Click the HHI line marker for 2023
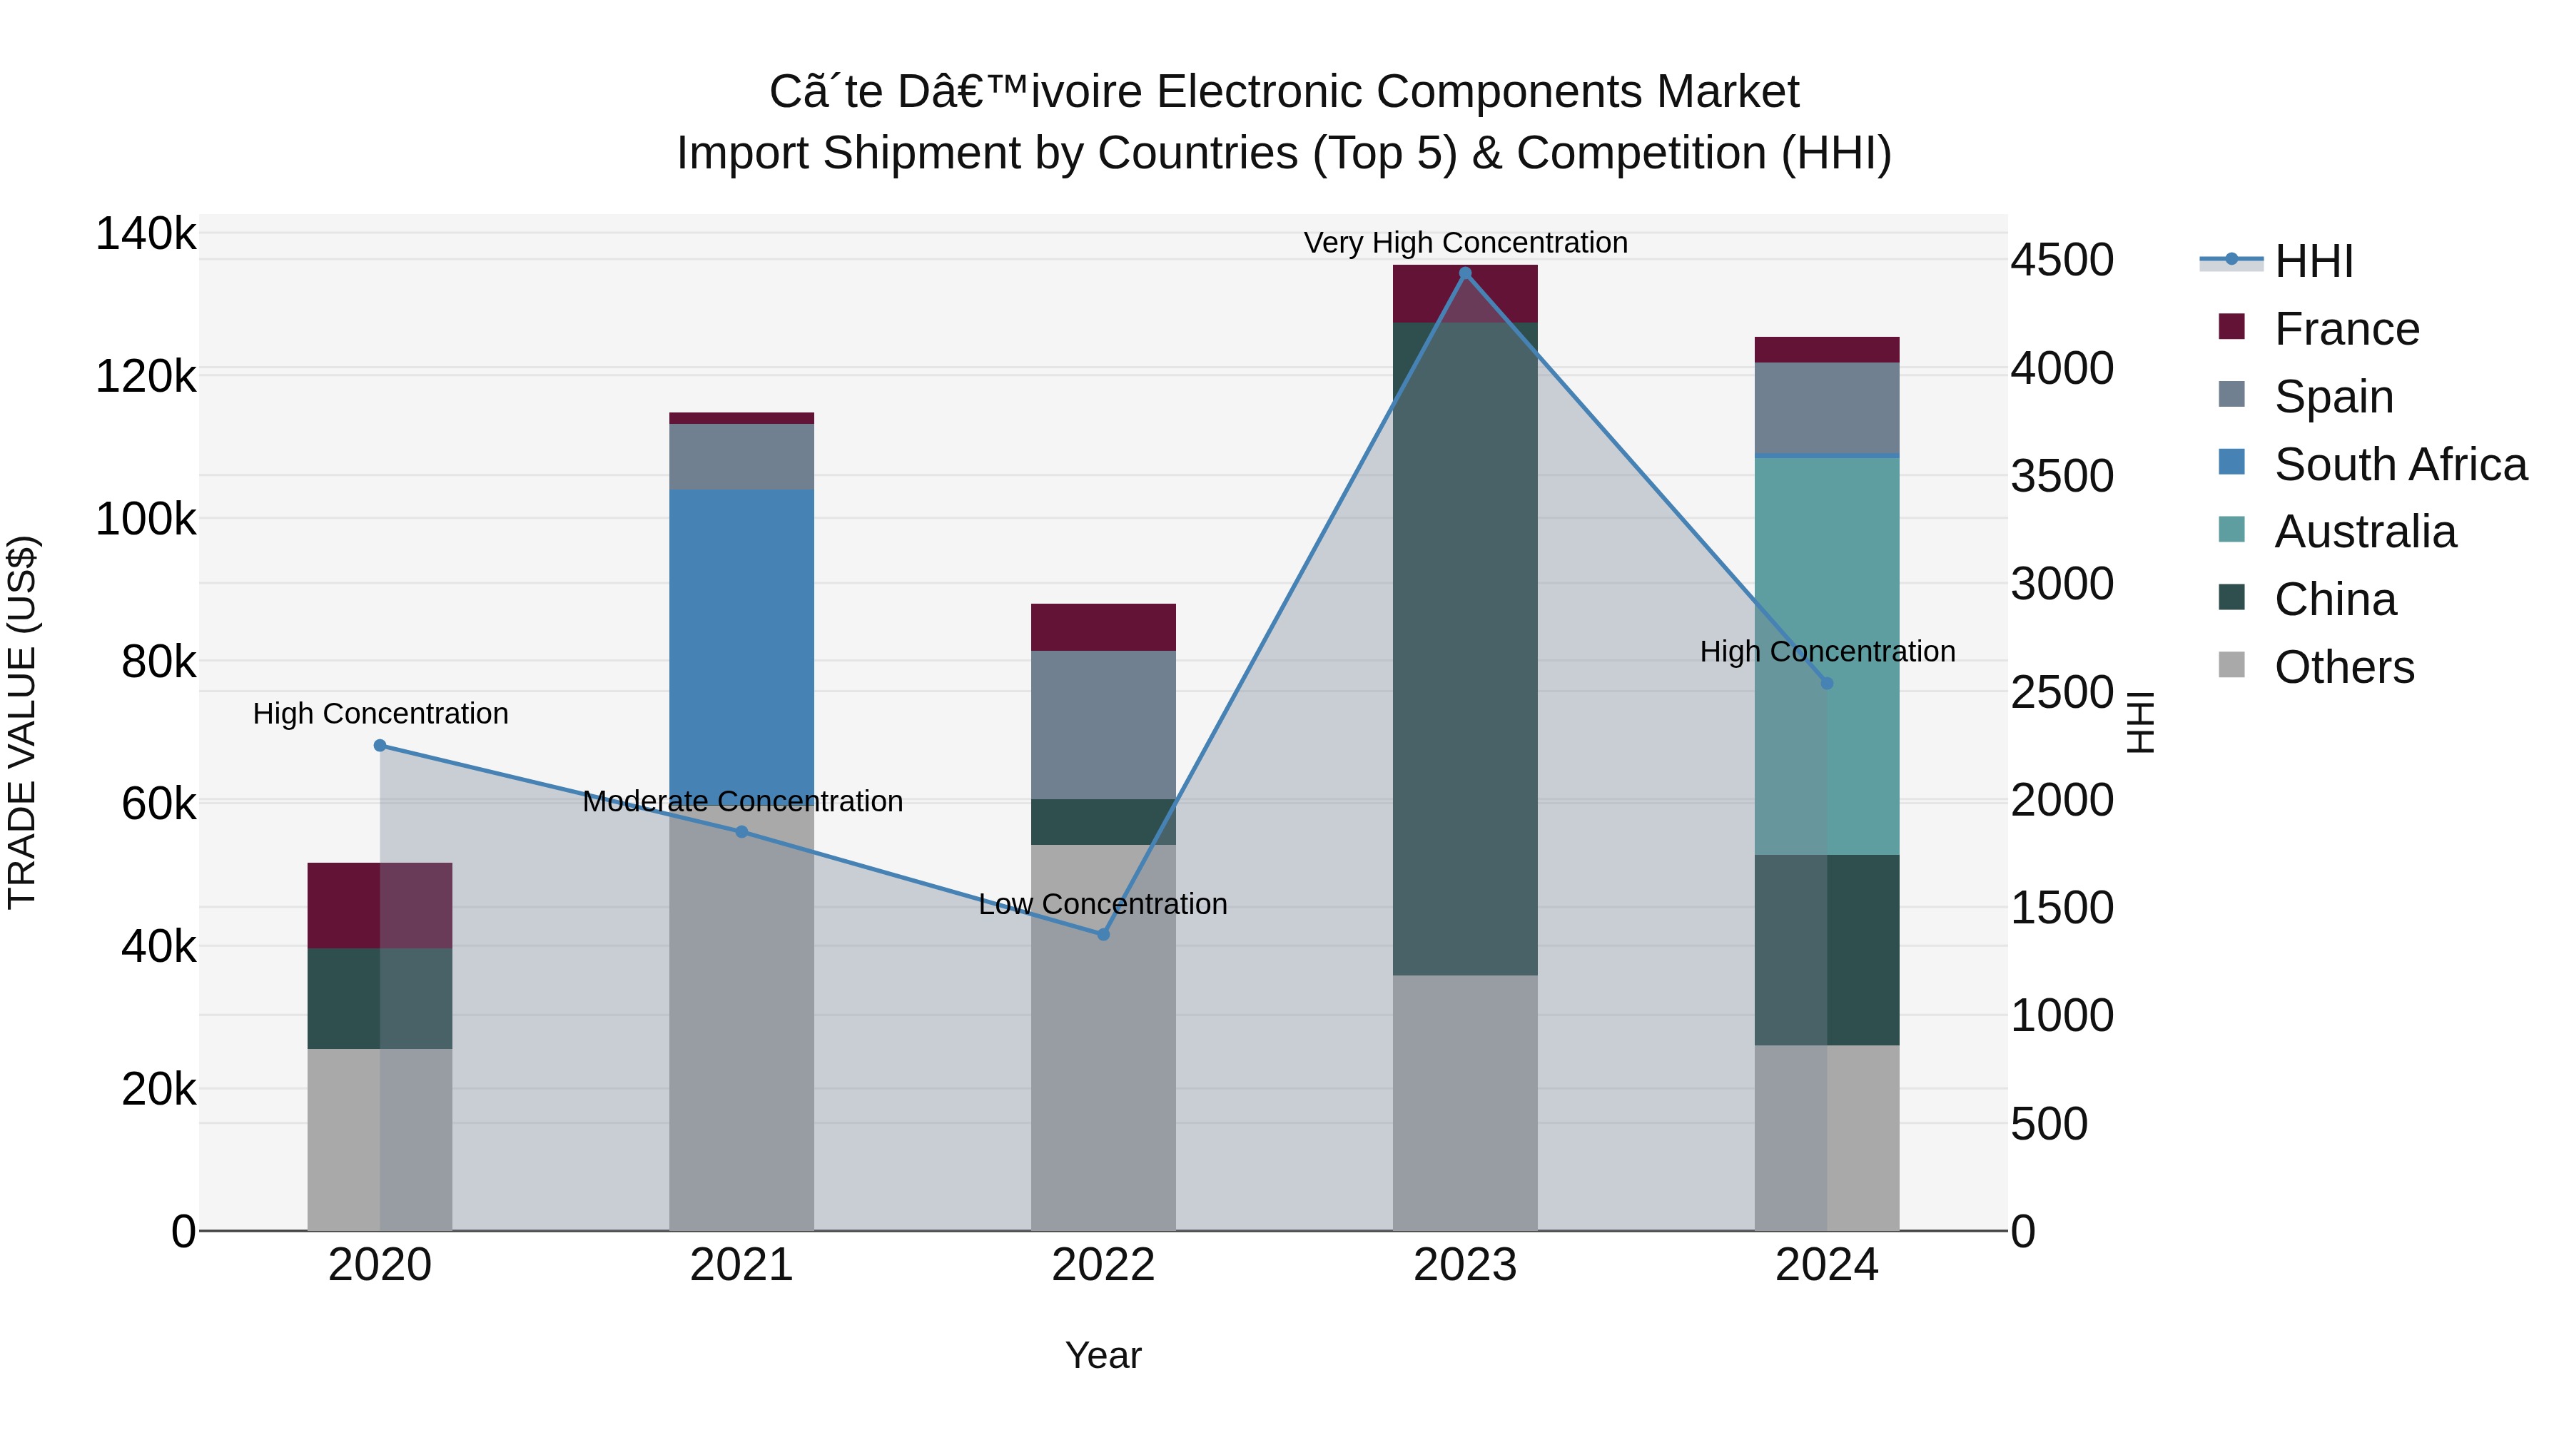[x=1465, y=273]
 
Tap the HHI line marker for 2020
[x=380, y=745]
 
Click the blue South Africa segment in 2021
[x=741, y=638]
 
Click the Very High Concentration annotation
[x=1465, y=243]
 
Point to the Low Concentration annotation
[x=1102, y=903]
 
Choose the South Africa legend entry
[x=2398, y=464]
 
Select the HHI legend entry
[x=2313, y=261]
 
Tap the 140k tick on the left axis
[x=146, y=234]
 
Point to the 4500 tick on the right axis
[x=2060, y=260]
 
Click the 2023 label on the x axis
[x=1464, y=1265]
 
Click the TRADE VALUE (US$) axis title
[x=22, y=722]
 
